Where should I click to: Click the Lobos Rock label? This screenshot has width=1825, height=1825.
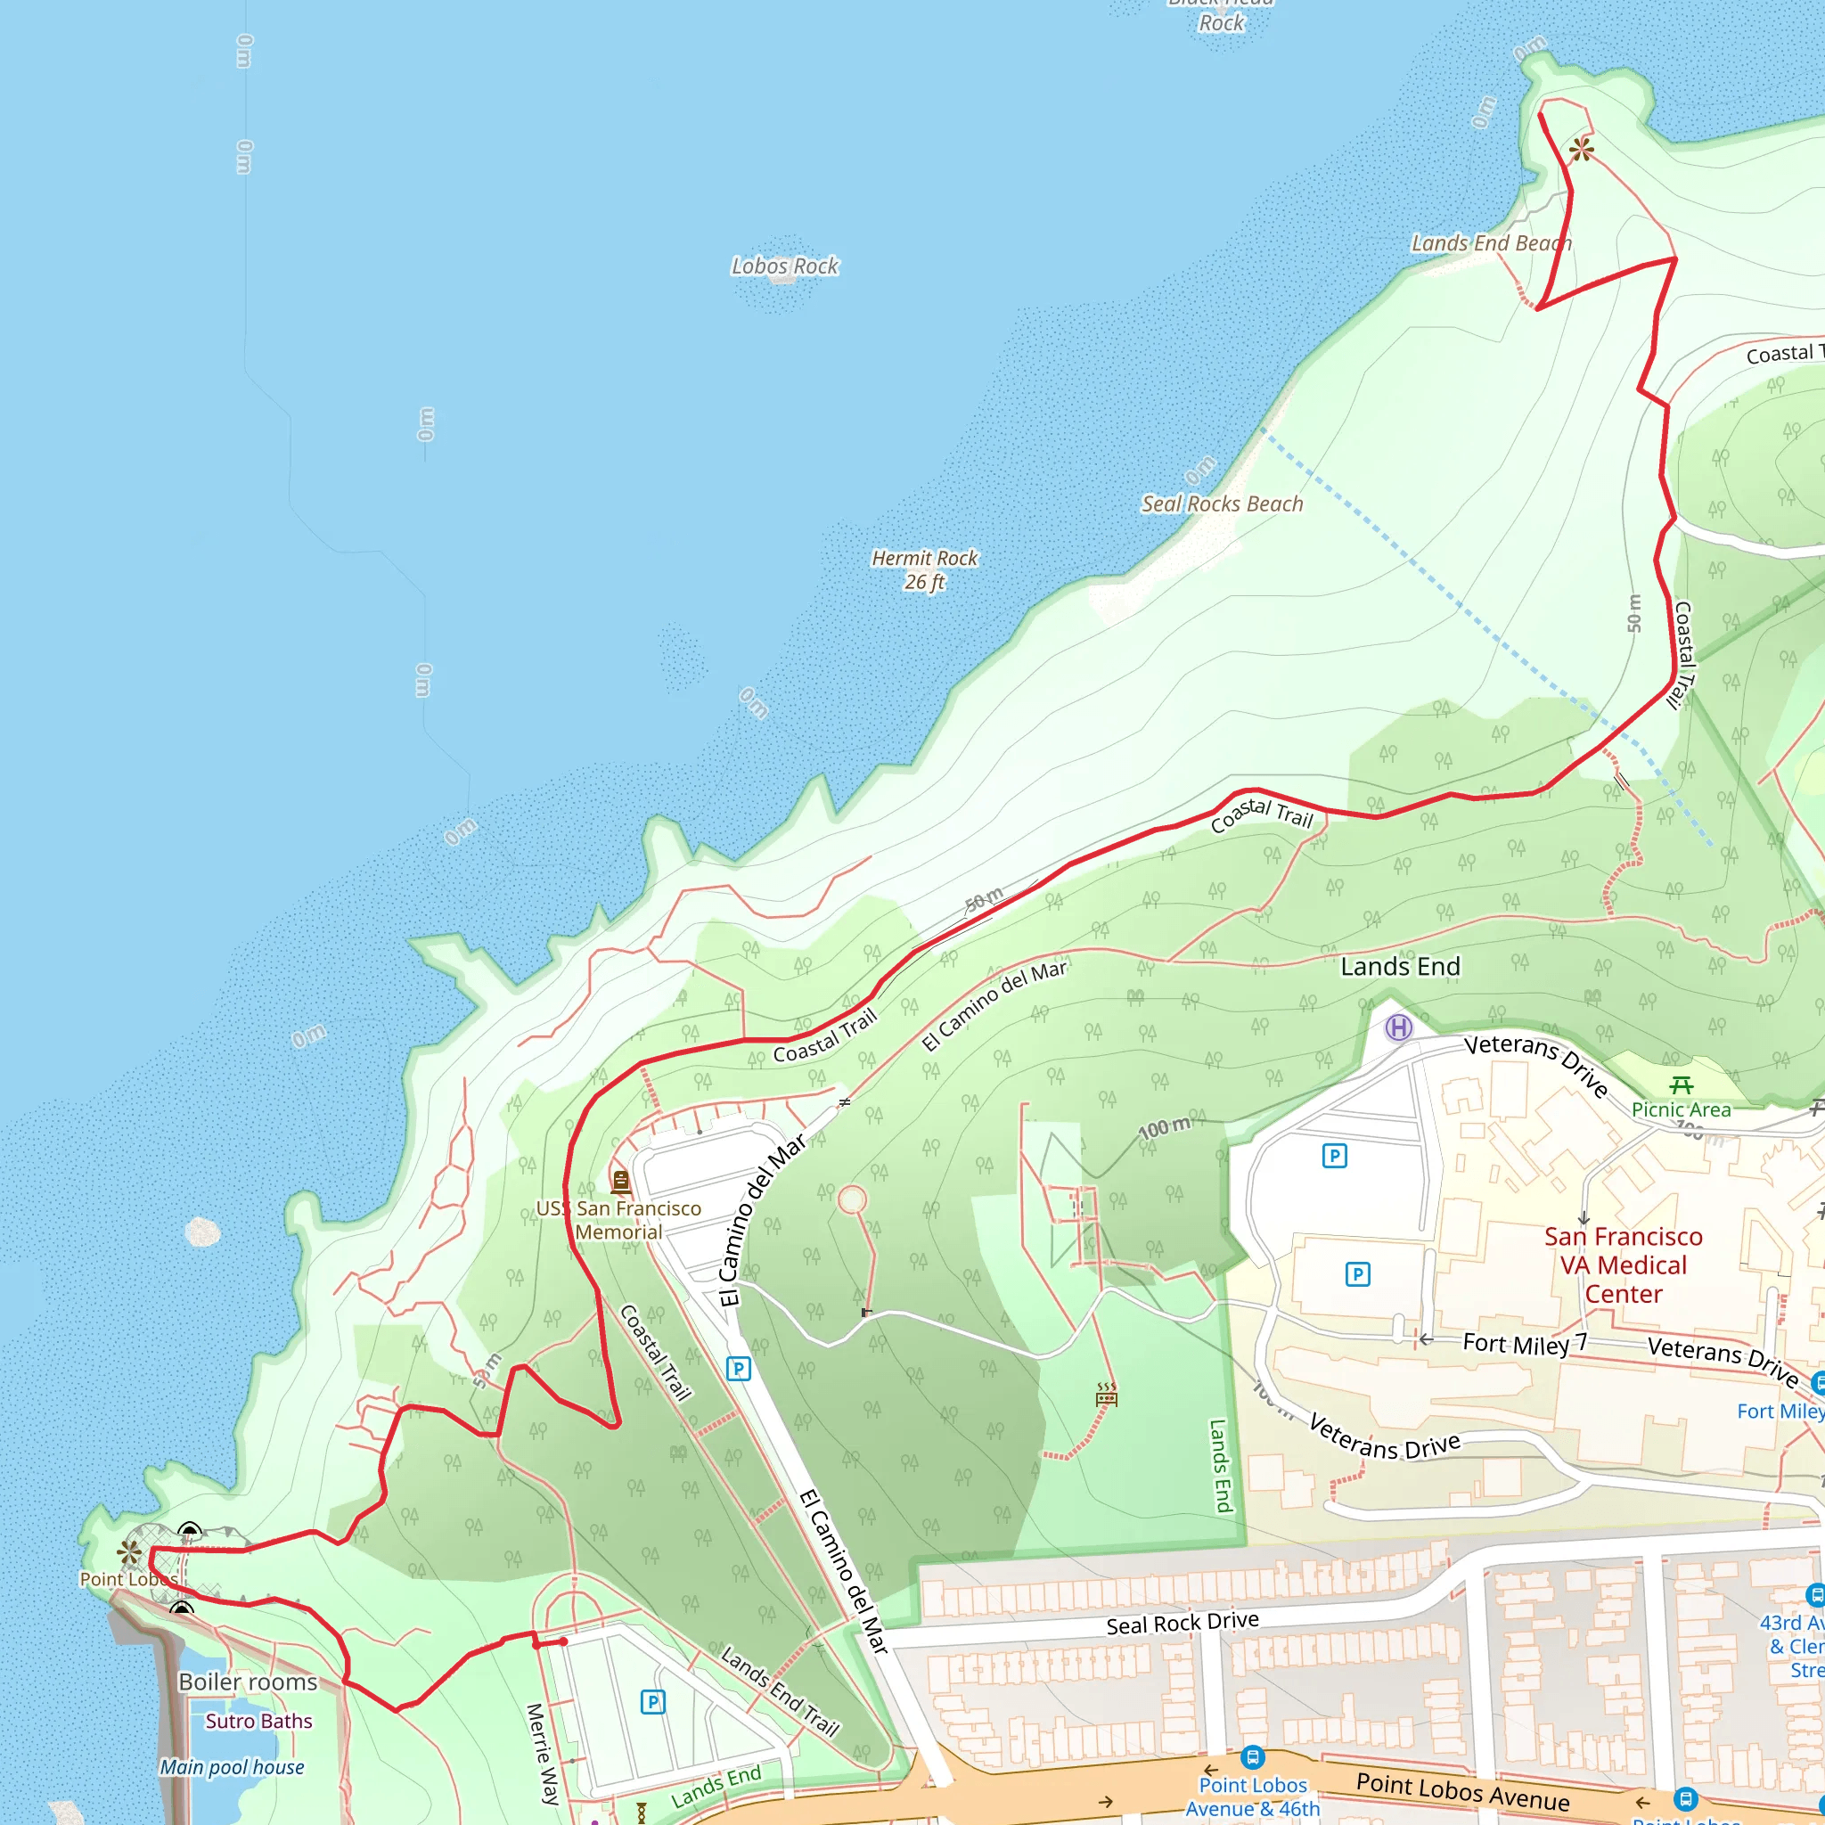point(785,266)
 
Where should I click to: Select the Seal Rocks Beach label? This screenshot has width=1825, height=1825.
point(1222,504)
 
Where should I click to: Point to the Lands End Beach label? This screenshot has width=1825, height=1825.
point(1491,243)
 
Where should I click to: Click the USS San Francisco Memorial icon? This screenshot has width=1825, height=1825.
point(620,1181)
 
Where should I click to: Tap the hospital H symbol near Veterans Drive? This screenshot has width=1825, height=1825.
point(1398,1027)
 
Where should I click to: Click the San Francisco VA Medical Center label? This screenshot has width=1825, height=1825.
point(1623,1264)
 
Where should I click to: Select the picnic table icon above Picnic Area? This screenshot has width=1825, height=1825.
point(1682,1085)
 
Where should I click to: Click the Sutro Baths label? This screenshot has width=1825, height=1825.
point(258,1721)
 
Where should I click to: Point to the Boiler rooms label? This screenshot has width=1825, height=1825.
point(248,1682)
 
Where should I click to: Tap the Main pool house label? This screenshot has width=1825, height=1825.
point(232,1767)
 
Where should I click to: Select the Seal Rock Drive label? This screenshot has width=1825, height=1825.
point(1182,1624)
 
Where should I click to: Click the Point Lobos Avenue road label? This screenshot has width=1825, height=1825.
point(1462,1792)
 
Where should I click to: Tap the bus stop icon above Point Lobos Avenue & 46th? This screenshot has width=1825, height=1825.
point(1253,1758)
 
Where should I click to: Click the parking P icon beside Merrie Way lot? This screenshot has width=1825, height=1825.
point(652,1703)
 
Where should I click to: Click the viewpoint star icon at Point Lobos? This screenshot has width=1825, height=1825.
point(129,1552)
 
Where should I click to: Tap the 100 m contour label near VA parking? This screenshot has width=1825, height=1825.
point(1164,1128)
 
